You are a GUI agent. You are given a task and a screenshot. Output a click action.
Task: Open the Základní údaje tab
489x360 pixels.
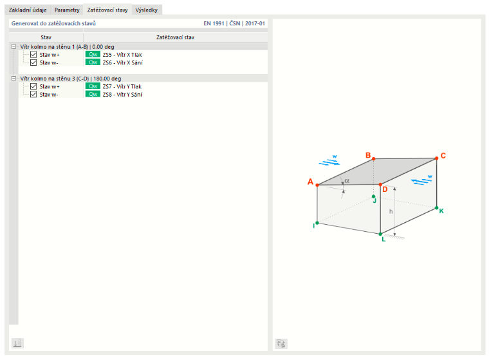pyautogui.click(x=28, y=10)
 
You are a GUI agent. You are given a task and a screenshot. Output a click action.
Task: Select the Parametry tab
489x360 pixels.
pyautogui.click(x=67, y=10)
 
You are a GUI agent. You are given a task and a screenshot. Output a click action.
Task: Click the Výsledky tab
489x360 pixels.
pyautogui.click(x=147, y=10)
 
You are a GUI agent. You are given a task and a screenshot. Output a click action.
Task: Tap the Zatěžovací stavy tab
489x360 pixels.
pyautogui.click(x=107, y=10)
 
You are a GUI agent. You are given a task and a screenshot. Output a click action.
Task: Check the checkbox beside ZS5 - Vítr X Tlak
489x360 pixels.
pyautogui.click(x=33, y=55)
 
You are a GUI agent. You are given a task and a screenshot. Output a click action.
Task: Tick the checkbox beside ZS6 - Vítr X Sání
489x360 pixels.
pyautogui.click(x=33, y=62)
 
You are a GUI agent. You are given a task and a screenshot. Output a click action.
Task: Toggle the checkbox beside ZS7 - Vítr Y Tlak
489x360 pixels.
pyautogui.click(x=33, y=86)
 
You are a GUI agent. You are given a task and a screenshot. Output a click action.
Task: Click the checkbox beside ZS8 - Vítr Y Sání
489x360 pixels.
pyautogui.click(x=33, y=94)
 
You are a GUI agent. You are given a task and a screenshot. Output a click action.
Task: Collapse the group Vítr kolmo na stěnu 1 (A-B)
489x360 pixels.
pyautogui.click(x=14, y=47)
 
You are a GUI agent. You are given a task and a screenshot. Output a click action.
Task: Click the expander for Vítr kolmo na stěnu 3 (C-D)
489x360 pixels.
pyautogui.click(x=14, y=79)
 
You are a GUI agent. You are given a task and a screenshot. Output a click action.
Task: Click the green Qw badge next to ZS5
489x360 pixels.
pyautogui.click(x=93, y=54)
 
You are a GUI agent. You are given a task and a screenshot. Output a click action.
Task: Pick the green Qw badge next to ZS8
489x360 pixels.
pyautogui.click(x=93, y=94)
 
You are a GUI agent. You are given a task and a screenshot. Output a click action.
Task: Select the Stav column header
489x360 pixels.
pyautogui.click(x=46, y=37)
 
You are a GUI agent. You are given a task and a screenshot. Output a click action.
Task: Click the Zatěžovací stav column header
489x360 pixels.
pyautogui.click(x=175, y=37)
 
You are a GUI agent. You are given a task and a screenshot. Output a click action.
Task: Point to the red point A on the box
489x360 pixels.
pyautogui.click(x=317, y=185)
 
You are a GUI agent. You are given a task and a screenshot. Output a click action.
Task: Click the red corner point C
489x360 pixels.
pyautogui.click(x=437, y=158)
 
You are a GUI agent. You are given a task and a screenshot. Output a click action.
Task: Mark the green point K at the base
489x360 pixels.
pyautogui.click(x=437, y=207)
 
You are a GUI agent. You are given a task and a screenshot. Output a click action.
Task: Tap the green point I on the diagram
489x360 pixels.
pyautogui.click(x=317, y=223)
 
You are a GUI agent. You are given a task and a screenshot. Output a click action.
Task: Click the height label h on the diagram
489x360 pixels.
pyautogui.click(x=391, y=211)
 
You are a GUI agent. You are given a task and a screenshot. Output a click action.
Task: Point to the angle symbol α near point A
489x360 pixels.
pyautogui.click(x=347, y=181)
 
